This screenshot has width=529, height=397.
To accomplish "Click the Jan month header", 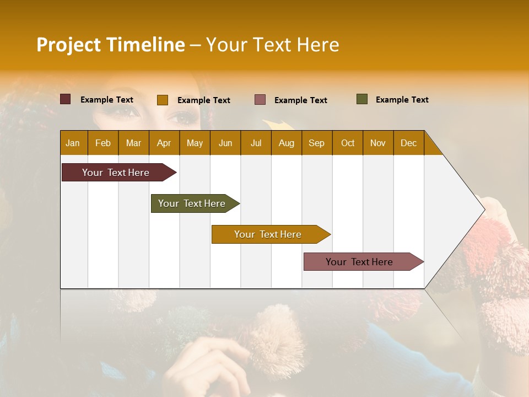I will pos(73,143).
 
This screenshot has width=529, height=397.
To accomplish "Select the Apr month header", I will pos(164,143).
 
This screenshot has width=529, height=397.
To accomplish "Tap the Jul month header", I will pos(256,143).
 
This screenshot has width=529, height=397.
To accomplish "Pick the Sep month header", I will pos(316,143).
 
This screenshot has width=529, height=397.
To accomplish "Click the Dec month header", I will pos(408,143).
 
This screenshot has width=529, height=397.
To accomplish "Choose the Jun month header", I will pos(225,143).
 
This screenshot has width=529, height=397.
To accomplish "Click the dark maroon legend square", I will pos(65,99).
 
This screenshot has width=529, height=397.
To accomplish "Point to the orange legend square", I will pos(162,100).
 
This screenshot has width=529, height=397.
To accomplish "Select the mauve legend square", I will pos(260,100).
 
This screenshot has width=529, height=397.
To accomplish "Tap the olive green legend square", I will pos(362,99).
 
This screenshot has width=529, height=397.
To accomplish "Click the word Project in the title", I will pos(68,45).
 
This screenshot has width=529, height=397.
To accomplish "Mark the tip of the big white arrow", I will pos(483,209).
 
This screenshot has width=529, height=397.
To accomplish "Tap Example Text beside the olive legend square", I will pos(402,99).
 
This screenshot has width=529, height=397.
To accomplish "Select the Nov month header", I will pos(378,143).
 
